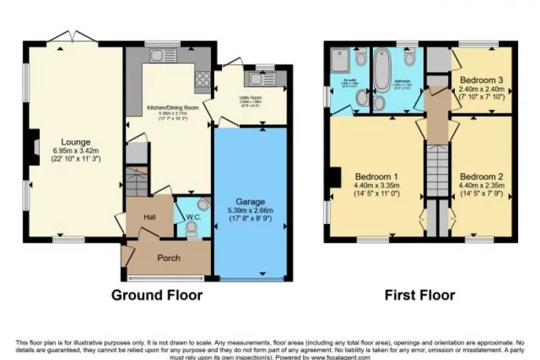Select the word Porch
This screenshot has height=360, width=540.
tap(168, 258)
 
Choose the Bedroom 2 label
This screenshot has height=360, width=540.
tap(481, 176)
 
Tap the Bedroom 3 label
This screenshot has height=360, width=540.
tap(482, 78)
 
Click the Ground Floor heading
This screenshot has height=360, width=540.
tap(157, 295)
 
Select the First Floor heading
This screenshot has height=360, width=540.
tap(418, 295)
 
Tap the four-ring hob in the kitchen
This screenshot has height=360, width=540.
tap(202, 81)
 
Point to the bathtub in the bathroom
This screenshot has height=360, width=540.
tap(383, 73)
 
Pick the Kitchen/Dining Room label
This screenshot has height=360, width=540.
tap(168, 108)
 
